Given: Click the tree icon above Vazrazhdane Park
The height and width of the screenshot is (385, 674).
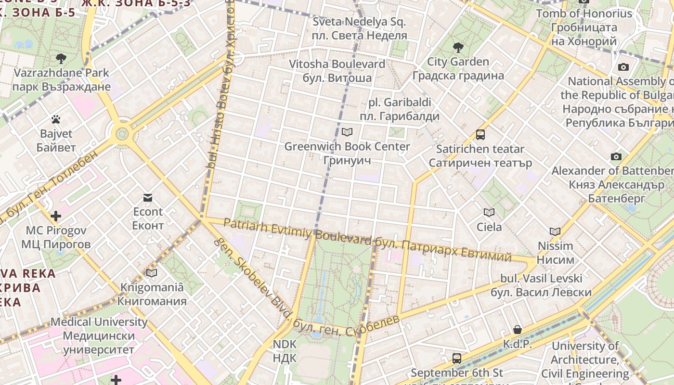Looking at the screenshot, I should (61, 59).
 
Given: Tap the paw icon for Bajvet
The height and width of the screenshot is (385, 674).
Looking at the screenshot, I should (56, 119).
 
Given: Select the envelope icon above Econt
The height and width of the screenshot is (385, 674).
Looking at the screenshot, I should (147, 197).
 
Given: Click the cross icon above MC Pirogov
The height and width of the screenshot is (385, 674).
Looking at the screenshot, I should (56, 216).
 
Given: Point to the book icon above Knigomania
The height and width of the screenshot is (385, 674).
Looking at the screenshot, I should (152, 273).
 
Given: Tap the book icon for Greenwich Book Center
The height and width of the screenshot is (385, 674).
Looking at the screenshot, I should (347, 132).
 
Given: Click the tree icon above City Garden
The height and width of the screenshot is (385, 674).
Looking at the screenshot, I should (458, 47).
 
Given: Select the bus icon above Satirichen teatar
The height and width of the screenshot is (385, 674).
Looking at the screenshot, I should (480, 135).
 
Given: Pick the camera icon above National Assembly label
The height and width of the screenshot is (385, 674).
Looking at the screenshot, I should (623, 67).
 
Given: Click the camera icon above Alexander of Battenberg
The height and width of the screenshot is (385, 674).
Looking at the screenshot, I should (616, 156).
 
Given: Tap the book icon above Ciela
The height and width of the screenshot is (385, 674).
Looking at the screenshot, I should (489, 212).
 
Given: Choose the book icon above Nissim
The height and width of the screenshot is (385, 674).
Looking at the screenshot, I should (555, 231).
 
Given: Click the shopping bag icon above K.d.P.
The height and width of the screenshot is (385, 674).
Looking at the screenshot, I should (517, 330).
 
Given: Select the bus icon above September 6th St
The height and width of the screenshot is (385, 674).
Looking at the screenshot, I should (456, 359).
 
